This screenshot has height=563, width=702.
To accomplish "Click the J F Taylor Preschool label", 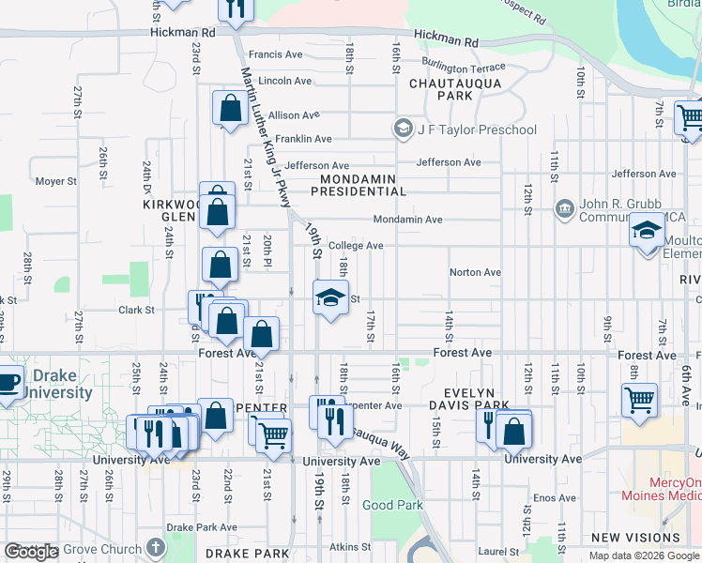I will [x=477, y=129].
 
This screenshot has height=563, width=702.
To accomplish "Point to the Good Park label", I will [x=392, y=505].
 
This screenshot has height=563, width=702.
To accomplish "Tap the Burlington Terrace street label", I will [x=463, y=68].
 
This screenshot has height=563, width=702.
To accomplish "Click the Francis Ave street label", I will [x=275, y=55].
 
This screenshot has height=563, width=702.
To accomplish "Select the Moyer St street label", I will [x=55, y=181].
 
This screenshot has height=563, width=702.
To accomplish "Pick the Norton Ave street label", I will [x=475, y=272].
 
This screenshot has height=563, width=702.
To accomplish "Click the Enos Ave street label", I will [x=554, y=497].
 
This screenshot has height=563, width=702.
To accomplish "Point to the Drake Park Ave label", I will [x=201, y=528].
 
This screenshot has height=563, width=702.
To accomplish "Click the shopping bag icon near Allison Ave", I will [x=230, y=109].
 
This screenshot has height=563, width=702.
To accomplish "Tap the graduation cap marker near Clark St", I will [x=329, y=298].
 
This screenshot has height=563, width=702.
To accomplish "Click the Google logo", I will [x=32, y=552].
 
